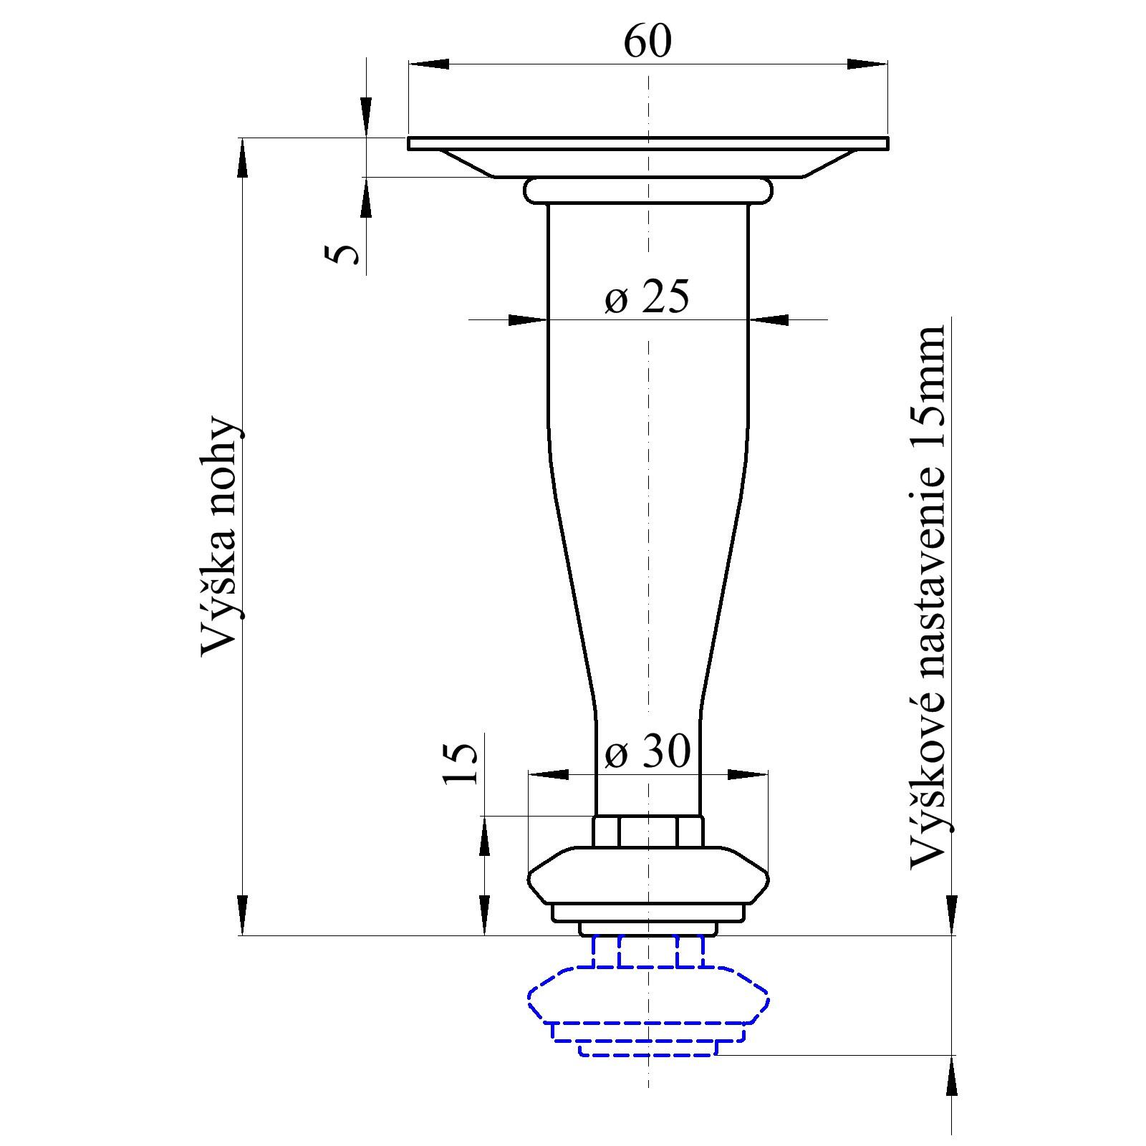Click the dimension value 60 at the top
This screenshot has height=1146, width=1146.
647,42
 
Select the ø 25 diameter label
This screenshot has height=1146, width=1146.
646,297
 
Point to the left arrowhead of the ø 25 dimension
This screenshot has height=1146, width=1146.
527,319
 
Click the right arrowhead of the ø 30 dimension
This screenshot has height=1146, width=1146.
748,774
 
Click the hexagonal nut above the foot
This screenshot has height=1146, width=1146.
647,832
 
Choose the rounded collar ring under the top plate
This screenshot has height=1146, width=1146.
647,191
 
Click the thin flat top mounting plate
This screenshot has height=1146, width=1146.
647,143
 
